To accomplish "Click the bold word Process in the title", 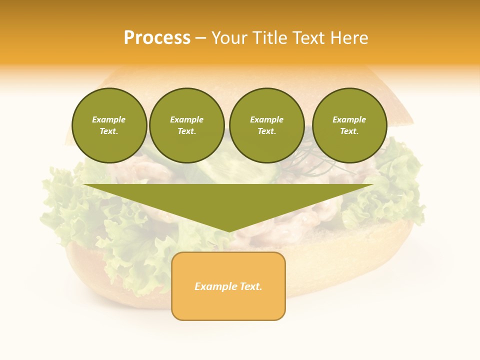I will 157,37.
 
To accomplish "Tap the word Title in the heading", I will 269,37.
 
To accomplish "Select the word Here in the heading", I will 349,37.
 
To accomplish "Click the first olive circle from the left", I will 109,125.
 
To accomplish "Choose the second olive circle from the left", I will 187,125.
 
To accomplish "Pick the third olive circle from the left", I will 266,125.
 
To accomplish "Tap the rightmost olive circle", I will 349,125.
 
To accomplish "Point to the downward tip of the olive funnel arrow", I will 229,230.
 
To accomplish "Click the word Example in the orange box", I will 215,286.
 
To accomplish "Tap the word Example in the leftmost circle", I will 109,120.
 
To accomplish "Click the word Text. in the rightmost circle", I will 349,131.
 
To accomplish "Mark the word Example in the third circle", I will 266,120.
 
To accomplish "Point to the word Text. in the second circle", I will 187,131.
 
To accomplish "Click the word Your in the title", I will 229,37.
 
